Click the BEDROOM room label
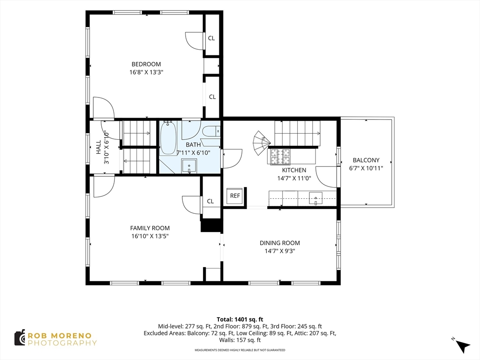(146, 64)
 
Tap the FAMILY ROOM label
(150, 228)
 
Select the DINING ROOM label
(280, 243)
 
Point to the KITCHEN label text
(294, 170)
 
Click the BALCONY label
(366, 160)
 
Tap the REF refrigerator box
(235, 195)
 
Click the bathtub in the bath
(168, 138)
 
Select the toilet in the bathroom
(211, 132)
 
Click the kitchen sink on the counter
(315, 198)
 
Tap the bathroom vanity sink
(189, 166)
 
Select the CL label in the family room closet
(210, 201)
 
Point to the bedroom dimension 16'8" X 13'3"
(146, 72)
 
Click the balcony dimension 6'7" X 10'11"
(366, 168)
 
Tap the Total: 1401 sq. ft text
(240, 320)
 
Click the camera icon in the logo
(20, 338)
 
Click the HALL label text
(98, 147)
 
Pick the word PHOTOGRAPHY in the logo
(62, 343)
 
